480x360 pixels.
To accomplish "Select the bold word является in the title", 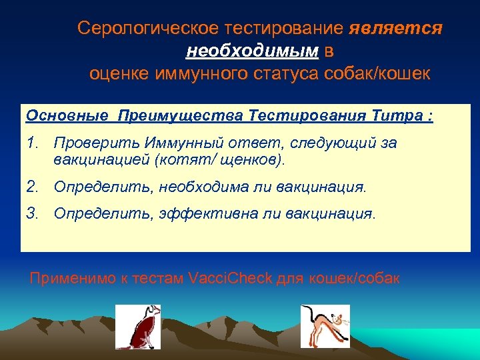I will tap(395, 29).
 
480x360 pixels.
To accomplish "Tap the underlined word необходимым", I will tap(253, 51).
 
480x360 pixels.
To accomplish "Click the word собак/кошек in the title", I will tap(378, 73).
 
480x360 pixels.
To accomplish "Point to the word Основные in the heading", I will tap(66, 116).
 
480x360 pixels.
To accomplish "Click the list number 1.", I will tap(32, 143).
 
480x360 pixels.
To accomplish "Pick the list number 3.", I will tap(32, 214).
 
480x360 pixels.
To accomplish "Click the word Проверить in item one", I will tap(86, 143).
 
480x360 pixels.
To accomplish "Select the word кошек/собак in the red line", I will tap(354, 278).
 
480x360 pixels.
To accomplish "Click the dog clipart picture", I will tap(138, 326).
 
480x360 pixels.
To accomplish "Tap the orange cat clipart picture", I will tap(324, 326).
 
